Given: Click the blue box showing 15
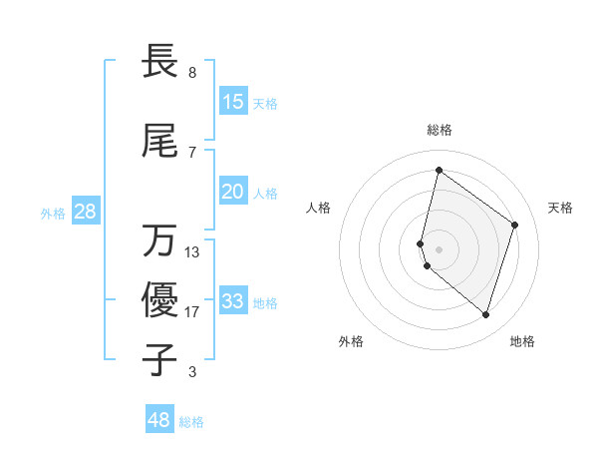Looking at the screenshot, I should [233, 102].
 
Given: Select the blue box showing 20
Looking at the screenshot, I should [233, 192].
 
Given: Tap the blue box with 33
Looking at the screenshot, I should [233, 301].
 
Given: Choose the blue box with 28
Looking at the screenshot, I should [86, 212].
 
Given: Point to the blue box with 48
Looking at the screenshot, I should [159, 420].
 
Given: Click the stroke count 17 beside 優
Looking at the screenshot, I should [192, 312].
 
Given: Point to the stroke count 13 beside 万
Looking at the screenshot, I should [192, 252].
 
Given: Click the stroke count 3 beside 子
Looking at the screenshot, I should [192, 372].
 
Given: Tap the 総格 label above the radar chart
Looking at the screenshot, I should [440, 130].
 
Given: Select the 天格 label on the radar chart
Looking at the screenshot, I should [560, 208].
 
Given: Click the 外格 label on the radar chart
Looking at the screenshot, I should [351, 341].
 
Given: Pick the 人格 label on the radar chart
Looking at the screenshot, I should [319, 208].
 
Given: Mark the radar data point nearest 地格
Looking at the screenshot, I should [485, 315].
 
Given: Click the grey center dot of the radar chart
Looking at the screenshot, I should [440, 248].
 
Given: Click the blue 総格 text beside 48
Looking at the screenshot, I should [192, 422].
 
